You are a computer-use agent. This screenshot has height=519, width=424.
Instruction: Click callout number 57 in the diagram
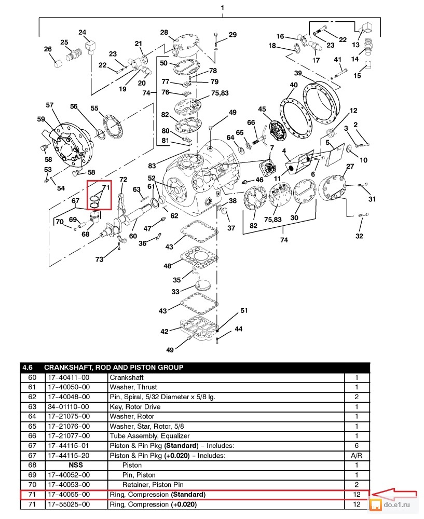(49, 105)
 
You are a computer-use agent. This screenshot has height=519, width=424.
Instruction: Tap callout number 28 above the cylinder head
(164, 33)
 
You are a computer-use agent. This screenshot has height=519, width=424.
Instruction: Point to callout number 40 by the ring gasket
(294, 85)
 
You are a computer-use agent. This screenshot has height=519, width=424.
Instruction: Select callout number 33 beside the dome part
(175, 292)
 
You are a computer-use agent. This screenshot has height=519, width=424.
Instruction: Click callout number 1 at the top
(223, 8)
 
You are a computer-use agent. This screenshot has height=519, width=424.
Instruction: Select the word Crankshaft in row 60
(127, 377)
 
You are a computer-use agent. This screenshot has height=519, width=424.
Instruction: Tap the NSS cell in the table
(76, 465)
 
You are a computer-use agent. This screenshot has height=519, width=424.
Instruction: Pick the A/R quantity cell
(357, 455)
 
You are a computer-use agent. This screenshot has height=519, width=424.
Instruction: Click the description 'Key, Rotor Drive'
(134, 406)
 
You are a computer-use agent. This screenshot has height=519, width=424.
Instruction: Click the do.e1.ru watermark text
(400, 504)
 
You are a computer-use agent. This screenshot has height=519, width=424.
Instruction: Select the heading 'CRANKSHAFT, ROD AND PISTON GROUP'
(114, 367)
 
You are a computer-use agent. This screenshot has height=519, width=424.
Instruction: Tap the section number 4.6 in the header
(29, 367)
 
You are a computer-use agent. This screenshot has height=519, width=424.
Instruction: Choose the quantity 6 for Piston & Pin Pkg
(357, 445)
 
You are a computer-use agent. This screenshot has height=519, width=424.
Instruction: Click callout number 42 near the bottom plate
(164, 331)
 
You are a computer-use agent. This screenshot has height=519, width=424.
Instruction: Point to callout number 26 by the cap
(48, 50)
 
